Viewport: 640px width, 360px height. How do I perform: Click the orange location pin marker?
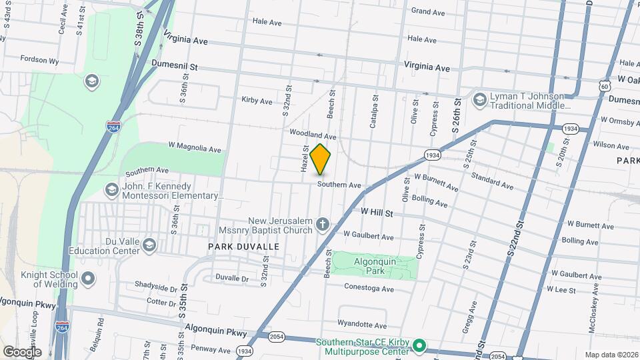coord(321,159)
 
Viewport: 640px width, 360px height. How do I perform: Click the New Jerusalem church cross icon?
coord(323,223)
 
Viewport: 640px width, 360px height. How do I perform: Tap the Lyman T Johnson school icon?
coord(479,99)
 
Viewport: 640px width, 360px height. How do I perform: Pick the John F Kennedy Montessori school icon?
coord(111,191)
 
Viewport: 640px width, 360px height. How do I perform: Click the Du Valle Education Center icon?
coord(149,246)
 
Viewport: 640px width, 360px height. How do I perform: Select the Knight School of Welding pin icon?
coord(89,278)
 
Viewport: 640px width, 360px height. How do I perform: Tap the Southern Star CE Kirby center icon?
coord(419,346)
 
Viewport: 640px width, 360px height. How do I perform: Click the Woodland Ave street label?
coord(313,135)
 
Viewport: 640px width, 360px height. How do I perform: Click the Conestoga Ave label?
coord(369,289)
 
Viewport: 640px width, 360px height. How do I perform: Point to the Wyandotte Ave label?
coord(362,325)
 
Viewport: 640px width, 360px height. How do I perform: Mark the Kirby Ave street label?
coord(257,101)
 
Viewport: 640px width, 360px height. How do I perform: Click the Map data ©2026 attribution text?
coord(611,355)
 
